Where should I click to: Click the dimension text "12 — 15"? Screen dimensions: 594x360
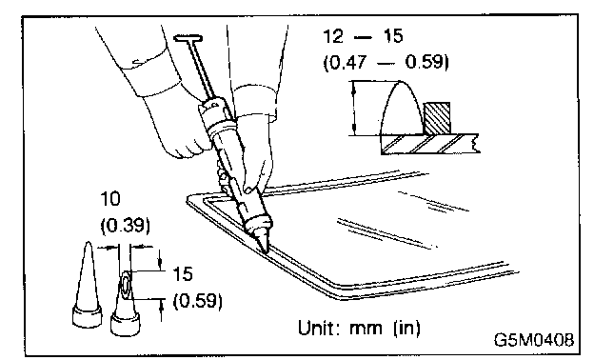363,37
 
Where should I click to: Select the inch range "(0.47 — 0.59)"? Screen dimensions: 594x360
386,62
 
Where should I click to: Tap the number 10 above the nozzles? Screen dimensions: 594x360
110,199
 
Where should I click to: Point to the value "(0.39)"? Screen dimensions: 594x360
125,226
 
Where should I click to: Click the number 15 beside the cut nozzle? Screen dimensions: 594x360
183,273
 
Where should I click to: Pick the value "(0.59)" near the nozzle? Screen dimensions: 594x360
197,301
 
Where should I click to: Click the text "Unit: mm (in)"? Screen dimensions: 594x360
359,328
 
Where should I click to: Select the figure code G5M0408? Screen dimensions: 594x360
534,340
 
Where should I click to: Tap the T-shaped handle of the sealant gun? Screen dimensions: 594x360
188,38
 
